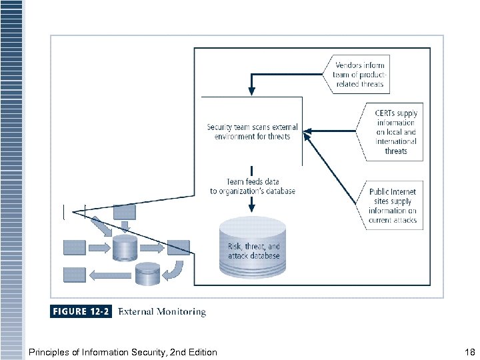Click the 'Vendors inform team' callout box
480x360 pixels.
[358, 75]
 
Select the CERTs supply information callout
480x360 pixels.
[395, 132]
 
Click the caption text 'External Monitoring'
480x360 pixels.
[162, 311]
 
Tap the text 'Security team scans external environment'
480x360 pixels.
[252, 132]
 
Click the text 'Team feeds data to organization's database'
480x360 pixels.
[252, 186]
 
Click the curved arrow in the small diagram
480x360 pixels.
[175, 270]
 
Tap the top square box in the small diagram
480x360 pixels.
[125, 212]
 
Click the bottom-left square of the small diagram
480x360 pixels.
[74, 274]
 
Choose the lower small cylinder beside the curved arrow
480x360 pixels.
[147, 273]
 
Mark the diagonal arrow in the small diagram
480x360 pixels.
[102, 226]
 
